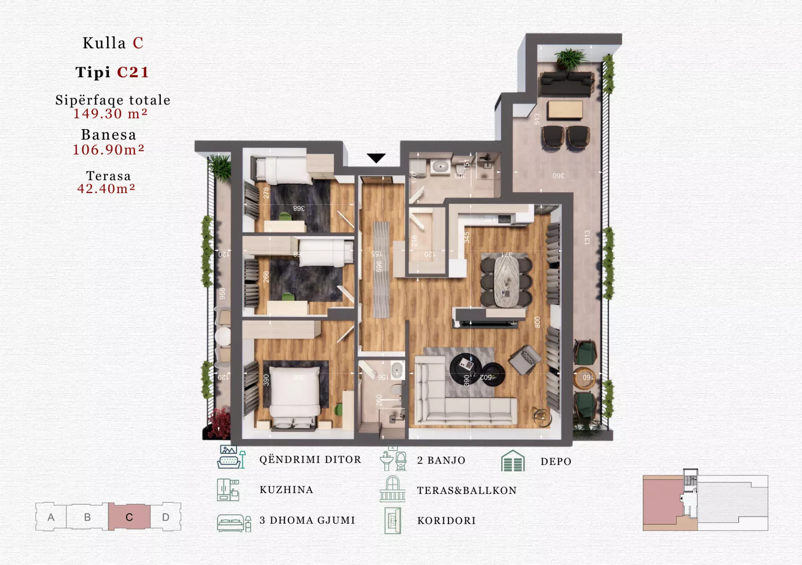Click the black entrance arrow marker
coord(376,158)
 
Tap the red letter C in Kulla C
coord(138,43)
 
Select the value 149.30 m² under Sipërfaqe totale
coord(110,114)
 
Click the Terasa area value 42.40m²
coord(106,189)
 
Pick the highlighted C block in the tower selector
coord(129,517)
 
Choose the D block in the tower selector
coord(165,517)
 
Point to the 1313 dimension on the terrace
coord(587,237)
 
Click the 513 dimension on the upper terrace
coord(537,119)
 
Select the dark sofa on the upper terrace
coord(566,84)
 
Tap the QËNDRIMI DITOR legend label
coord(310,460)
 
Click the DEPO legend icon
coord(513,461)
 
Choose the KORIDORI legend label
coord(447,521)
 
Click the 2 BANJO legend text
coord(441,461)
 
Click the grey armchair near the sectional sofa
coord(525,359)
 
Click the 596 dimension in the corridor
coord(379,266)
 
